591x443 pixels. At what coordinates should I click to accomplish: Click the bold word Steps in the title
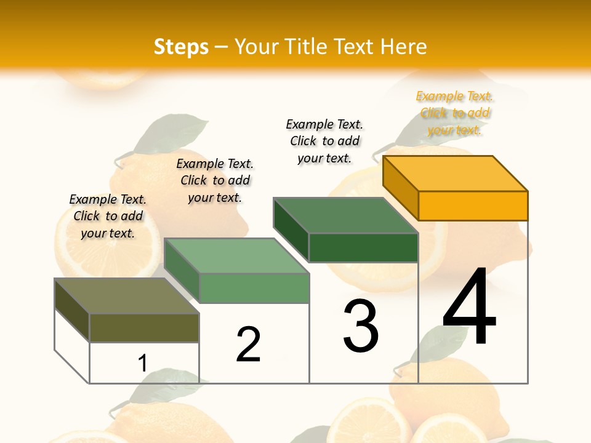pyautogui.click(x=181, y=47)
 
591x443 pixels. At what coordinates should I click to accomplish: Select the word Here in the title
pyautogui.click(x=403, y=47)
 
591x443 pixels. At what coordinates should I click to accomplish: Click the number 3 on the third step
pyautogui.click(x=360, y=325)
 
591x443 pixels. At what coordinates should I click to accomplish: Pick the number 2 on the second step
pyautogui.click(x=248, y=344)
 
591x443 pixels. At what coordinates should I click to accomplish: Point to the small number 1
pyautogui.click(x=143, y=363)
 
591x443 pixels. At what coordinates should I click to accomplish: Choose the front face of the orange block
pyautogui.click(x=473, y=206)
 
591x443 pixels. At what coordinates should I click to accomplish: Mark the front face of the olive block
pyautogui.click(x=144, y=327)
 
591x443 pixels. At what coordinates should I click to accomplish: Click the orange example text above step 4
pyautogui.click(x=454, y=113)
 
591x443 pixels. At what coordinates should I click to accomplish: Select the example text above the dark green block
pyautogui.click(x=324, y=141)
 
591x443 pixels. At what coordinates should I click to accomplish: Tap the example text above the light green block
pyautogui.click(x=215, y=180)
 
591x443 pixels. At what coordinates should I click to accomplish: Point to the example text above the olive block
pyautogui.click(x=108, y=216)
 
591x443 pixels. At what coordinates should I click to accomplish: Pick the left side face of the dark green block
pyautogui.click(x=291, y=229)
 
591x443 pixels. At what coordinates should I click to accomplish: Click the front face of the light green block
pyautogui.click(x=254, y=288)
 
